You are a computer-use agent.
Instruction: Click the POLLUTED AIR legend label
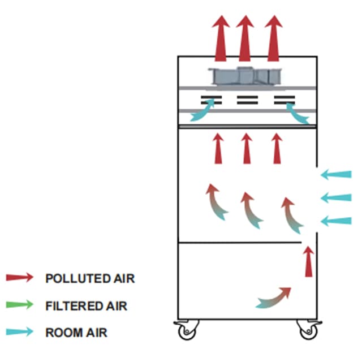90,278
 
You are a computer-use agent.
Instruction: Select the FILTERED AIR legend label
86,306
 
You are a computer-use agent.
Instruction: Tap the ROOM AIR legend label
76,333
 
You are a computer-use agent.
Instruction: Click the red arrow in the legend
20,278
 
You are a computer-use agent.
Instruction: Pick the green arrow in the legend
20,305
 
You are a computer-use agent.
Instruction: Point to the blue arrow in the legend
20,333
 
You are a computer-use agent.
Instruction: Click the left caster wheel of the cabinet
186,330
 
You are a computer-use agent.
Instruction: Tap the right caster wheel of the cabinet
308,330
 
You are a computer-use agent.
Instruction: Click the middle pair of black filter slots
247,101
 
